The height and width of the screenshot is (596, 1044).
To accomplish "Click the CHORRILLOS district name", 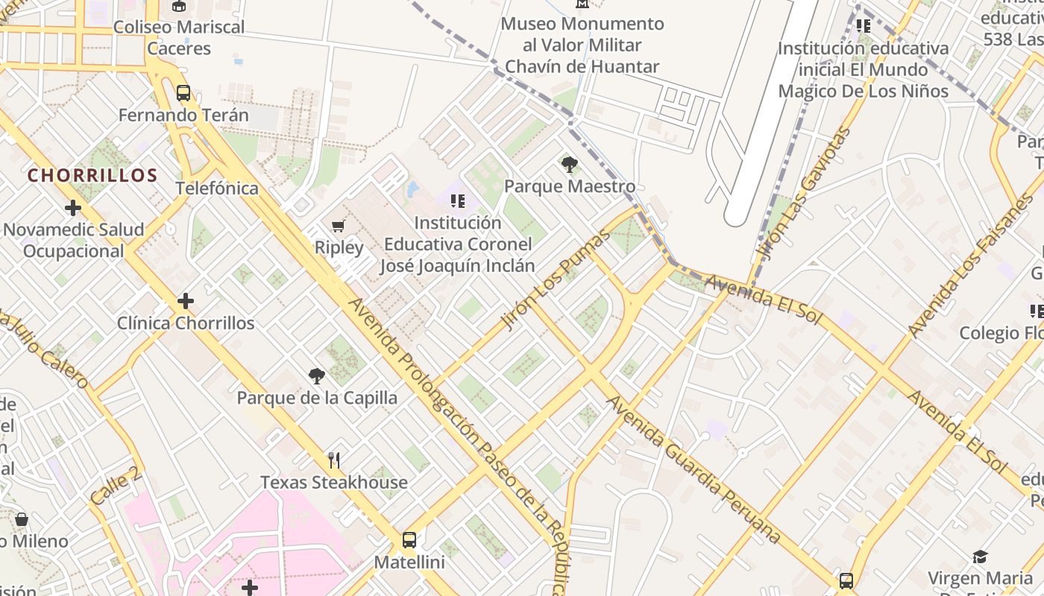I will point(92,176).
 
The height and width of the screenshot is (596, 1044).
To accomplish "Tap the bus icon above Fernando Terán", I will point(183,93).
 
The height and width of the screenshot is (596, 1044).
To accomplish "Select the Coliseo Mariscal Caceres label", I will point(179,37).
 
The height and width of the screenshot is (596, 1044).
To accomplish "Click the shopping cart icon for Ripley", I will point(339,226).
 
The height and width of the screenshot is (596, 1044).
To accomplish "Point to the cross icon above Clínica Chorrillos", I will point(186,301).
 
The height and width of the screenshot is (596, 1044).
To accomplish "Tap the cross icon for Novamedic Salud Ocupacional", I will point(72,208).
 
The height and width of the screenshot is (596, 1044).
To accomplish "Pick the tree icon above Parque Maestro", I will point(570,165).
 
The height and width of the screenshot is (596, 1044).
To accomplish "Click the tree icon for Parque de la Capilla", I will point(317,376).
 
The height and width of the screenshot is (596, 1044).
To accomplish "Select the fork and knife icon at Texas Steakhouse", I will point(334,460).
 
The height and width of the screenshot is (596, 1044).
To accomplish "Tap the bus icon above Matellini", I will point(409,540).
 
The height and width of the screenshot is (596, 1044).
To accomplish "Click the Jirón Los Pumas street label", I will point(556,280).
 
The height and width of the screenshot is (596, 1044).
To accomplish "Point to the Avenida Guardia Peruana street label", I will point(694,469).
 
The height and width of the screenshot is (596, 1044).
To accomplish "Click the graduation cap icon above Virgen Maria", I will point(980,557).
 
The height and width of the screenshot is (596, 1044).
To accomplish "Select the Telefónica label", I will point(217,188).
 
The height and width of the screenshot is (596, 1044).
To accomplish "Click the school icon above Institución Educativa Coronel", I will point(458,200).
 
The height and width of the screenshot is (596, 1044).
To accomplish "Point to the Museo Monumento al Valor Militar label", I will point(582,45).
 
